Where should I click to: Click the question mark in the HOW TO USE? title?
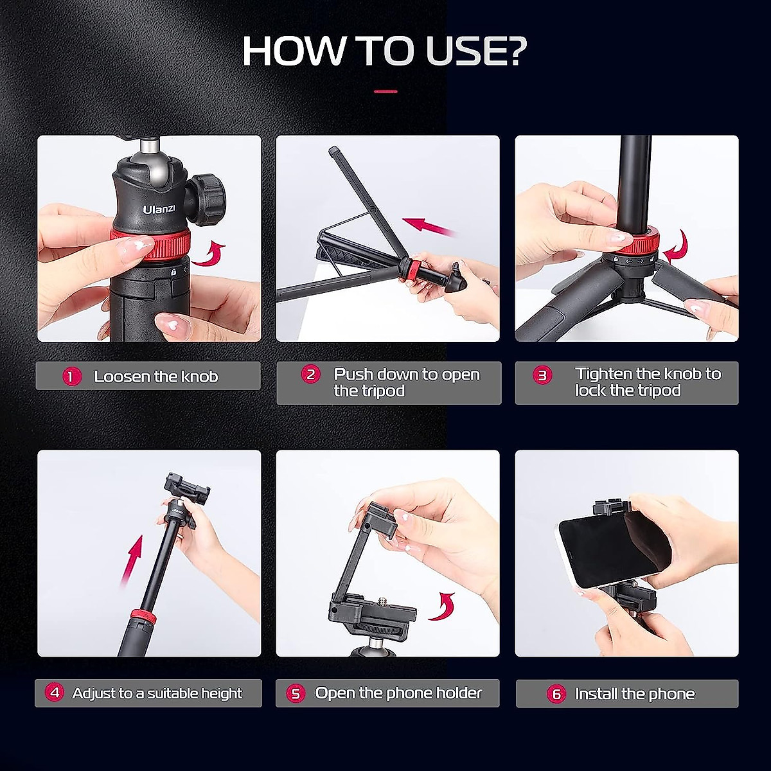coord(510,51)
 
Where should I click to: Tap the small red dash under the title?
coord(385,92)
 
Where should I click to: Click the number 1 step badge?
coord(71,377)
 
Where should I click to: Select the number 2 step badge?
coord(311,375)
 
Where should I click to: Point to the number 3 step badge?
coord(543,375)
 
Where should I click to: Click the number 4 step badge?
coord(55,693)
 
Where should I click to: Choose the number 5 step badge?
coord(296,693)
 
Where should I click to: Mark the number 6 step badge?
coord(556,694)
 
